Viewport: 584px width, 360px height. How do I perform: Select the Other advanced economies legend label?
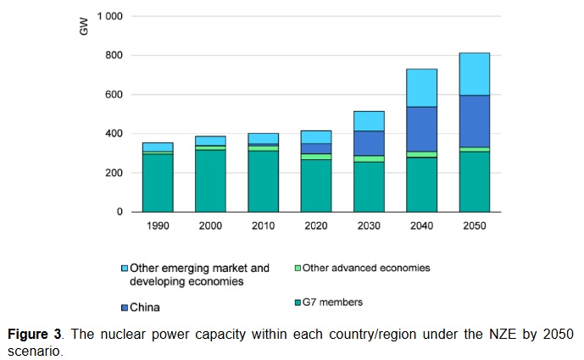tap(366, 268)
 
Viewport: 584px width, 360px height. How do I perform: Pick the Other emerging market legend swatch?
tap(124, 269)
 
